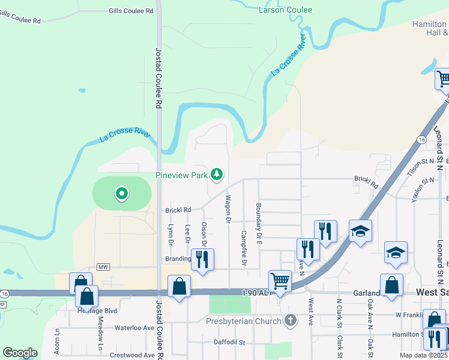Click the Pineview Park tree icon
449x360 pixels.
click(x=216, y=175)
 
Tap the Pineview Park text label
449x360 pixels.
click(x=181, y=175)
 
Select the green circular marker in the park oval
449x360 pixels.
click(x=122, y=193)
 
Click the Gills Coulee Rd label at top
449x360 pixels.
click(x=131, y=11)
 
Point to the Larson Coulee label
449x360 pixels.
click(x=285, y=10)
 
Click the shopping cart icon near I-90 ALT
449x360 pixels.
click(x=280, y=280)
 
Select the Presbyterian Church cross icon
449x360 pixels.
click(x=291, y=320)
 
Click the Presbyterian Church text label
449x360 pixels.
click(x=244, y=321)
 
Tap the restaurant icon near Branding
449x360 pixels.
click(x=202, y=259)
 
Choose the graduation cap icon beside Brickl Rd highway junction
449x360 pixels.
click(x=360, y=231)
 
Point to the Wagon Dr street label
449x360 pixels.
click(x=229, y=209)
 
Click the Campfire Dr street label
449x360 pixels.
click(x=244, y=248)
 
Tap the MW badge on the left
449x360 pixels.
click(x=104, y=267)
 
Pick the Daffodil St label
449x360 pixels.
click(x=230, y=343)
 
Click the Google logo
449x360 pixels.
click(x=20, y=353)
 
